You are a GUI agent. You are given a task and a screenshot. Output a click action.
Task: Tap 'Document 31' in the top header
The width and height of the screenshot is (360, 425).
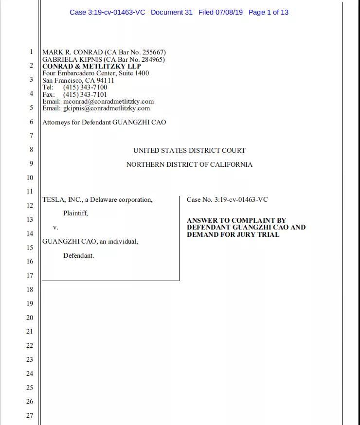[172, 12]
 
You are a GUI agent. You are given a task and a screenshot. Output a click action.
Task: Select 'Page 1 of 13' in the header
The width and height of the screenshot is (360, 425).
[269, 12]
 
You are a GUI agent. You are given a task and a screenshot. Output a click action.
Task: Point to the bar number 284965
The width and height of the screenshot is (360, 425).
[152, 59]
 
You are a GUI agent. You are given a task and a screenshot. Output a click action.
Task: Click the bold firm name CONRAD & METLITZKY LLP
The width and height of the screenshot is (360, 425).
[91, 66]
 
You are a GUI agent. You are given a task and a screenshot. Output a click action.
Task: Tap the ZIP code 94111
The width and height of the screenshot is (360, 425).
[105, 80]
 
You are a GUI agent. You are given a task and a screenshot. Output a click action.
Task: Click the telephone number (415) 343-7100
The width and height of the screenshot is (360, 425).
[85, 87]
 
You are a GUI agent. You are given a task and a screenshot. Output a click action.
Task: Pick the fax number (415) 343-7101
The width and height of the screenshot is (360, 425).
[85, 94]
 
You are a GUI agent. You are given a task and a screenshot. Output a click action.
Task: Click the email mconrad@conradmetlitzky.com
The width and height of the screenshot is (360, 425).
[108, 101]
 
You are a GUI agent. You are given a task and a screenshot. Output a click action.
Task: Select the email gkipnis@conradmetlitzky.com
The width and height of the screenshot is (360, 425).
[107, 108]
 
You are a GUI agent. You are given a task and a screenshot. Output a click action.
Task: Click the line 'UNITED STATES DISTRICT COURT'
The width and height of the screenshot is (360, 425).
[189, 150]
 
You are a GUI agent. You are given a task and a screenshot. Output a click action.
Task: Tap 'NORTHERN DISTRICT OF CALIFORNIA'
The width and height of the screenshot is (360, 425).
[189, 164]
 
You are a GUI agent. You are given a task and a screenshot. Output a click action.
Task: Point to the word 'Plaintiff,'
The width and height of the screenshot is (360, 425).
[75, 213]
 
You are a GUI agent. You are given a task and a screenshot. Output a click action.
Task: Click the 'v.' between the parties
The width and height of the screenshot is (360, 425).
[55, 227]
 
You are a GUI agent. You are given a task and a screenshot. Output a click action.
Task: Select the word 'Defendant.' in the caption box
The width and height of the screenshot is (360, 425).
[78, 255]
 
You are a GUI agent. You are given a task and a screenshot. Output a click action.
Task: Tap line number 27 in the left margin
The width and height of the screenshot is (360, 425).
[30, 415]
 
